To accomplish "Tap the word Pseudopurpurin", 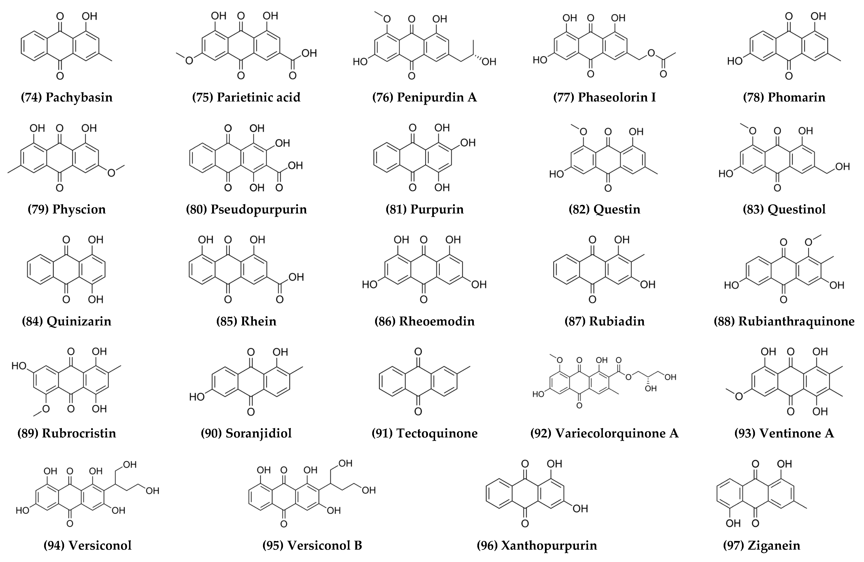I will [x=258, y=209].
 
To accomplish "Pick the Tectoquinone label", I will [x=437, y=433].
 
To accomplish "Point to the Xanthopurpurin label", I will [x=549, y=546].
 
